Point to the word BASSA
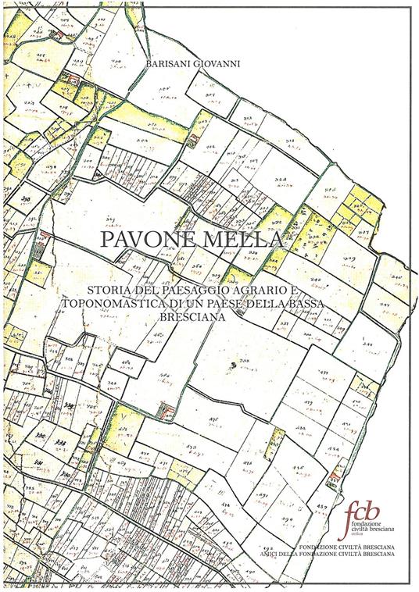[340, 304]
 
